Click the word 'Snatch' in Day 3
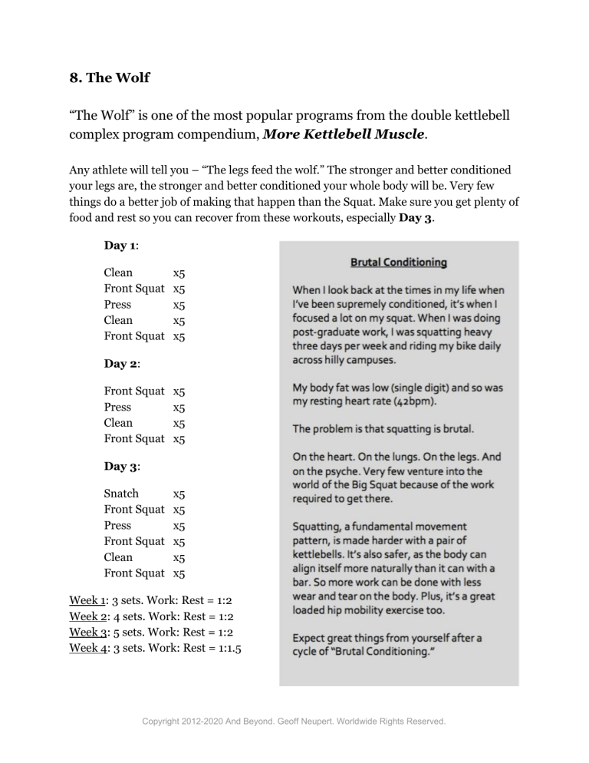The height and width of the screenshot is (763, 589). tap(121, 494)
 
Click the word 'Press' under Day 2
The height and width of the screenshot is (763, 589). tap(117, 407)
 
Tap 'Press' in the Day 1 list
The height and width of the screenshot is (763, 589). tap(117, 304)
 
